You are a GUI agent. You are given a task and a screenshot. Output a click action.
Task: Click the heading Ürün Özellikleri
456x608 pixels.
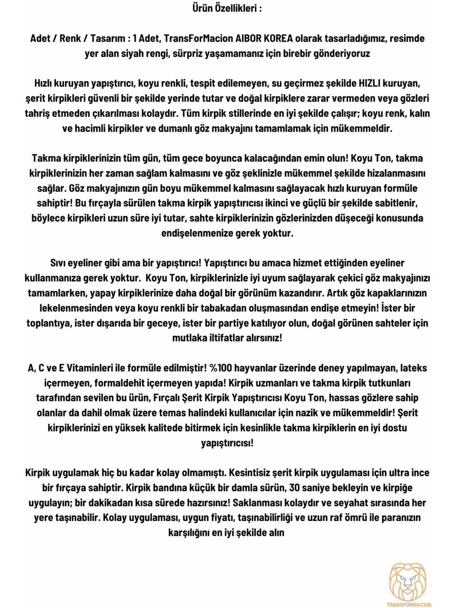[227, 8]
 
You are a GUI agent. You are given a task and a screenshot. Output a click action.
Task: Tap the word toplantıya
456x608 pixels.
[49, 323]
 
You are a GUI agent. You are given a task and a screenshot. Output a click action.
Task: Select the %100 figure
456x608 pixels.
[220, 368]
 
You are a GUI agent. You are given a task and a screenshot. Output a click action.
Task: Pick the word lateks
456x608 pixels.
[413, 368]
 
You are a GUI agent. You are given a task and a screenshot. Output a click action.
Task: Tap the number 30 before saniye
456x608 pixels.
[294, 488]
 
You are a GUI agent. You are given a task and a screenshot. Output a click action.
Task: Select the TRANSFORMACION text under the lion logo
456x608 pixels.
[409, 605]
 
